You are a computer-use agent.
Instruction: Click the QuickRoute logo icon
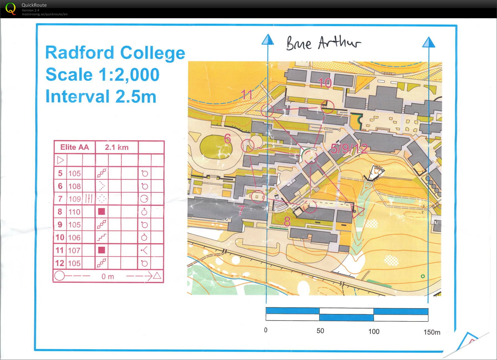[11, 9]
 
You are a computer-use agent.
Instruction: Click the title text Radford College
[115, 53]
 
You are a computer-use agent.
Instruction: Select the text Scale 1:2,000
[102, 75]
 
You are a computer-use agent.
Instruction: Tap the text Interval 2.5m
[101, 96]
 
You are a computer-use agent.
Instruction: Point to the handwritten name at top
[324, 43]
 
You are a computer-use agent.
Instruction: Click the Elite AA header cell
[75, 147]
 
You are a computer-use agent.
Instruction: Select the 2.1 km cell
[117, 147]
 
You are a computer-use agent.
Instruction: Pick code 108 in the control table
[75, 186]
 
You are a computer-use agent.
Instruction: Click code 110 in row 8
[75, 212]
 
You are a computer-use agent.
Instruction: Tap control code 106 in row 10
[75, 238]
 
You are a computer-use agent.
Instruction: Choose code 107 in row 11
[75, 251]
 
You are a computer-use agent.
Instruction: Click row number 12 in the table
[60, 263]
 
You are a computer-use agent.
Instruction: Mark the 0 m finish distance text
[107, 277]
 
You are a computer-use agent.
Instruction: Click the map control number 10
[325, 83]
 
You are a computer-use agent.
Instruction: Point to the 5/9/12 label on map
[349, 149]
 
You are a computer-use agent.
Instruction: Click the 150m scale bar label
[432, 332]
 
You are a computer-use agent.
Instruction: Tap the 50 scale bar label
[320, 331]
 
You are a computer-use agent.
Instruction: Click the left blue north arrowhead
[268, 40]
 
